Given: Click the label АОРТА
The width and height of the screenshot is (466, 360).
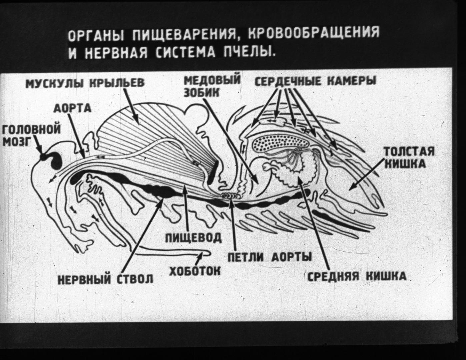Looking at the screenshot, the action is (x=72, y=108).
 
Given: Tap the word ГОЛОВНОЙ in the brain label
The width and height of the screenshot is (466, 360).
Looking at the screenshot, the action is (x=32, y=130).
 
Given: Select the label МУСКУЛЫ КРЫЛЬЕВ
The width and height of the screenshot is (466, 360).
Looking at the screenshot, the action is (x=85, y=83).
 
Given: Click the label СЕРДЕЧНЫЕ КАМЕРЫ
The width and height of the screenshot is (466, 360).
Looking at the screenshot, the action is (x=315, y=81).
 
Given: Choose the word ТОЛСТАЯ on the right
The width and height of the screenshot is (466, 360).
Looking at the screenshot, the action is (x=409, y=152).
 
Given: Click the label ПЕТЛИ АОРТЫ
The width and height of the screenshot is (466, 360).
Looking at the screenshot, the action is (x=269, y=257).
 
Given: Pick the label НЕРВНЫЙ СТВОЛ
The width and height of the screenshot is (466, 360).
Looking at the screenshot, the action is (x=106, y=279).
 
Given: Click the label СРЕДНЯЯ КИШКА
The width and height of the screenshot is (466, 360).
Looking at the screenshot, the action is (x=357, y=276).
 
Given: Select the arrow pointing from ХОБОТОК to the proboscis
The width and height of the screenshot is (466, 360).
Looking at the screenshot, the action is (x=199, y=259).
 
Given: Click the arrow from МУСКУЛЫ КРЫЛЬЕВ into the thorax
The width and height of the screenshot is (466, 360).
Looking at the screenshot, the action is (x=131, y=106).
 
